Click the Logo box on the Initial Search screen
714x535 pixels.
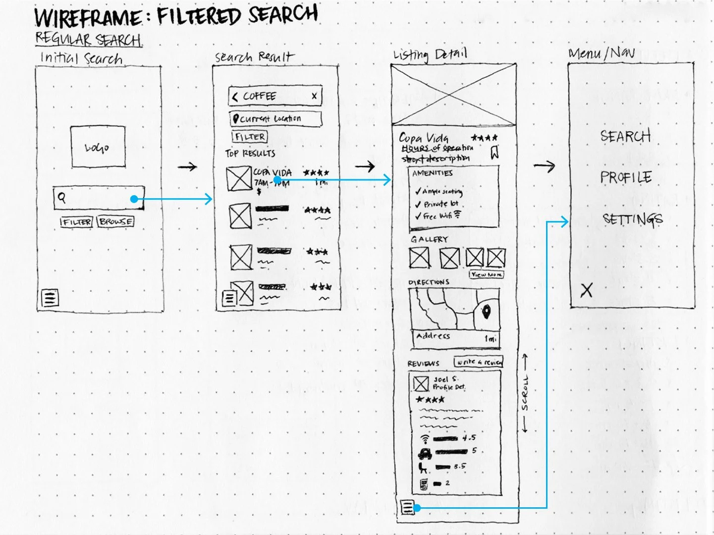[x=98, y=147]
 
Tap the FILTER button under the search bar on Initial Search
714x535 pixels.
[x=76, y=222]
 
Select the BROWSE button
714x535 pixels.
[x=115, y=221]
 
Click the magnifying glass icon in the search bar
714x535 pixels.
[x=61, y=197]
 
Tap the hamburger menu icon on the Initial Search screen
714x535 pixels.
[x=50, y=298]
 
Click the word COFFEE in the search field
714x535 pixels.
[x=259, y=96]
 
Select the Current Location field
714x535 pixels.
[x=275, y=119]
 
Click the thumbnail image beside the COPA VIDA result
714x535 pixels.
[x=238, y=178]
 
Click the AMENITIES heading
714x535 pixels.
[x=432, y=173]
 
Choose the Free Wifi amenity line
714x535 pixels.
[x=439, y=216]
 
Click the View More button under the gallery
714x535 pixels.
[x=486, y=274]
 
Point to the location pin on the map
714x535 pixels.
[x=486, y=313]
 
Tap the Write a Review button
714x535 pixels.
[x=478, y=362]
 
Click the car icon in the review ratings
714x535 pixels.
[x=425, y=452]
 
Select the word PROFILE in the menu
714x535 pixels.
[x=626, y=177]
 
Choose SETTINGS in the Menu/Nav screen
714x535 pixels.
[x=632, y=219]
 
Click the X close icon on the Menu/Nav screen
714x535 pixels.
[x=586, y=290]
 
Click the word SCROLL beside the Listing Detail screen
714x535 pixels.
[x=525, y=394]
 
